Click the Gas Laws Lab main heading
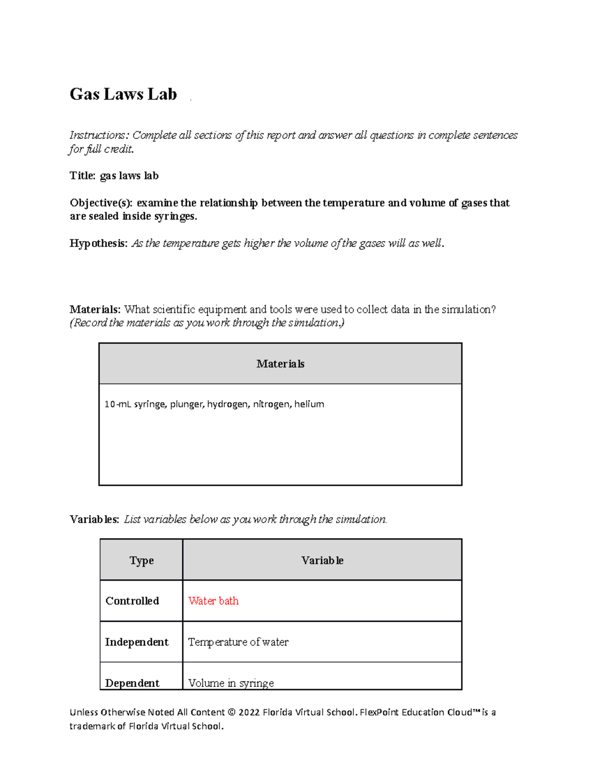coord(123,94)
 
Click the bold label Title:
coord(83,176)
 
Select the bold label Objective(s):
coord(101,203)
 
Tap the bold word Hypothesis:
coord(98,243)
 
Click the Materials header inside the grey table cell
coord(280,364)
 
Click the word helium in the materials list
coord(309,404)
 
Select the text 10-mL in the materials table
coord(117,404)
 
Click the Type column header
coord(141,561)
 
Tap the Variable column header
coord(322,561)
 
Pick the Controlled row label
coord(132,601)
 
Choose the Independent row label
coord(136,642)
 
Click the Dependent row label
coord(132,683)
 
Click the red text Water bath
coord(213,601)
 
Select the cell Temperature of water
coord(238,642)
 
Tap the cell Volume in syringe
coord(231,683)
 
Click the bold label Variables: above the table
coord(94,520)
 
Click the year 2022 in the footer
coord(249,712)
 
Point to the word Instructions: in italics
coord(99,135)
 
